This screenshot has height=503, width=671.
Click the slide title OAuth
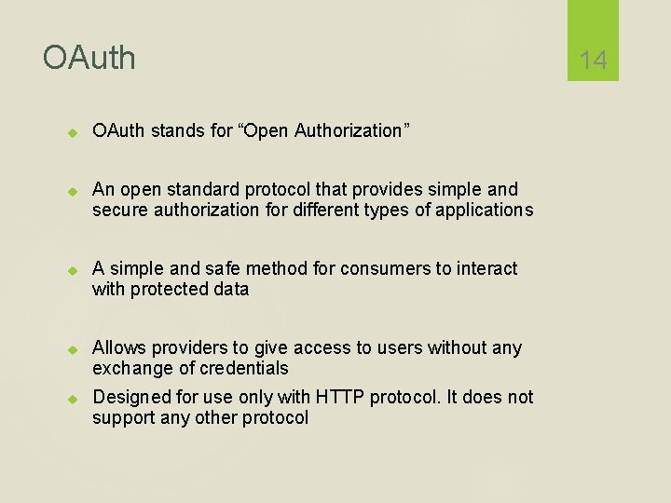(x=89, y=58)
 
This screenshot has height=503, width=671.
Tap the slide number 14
(x=593, y=61)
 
